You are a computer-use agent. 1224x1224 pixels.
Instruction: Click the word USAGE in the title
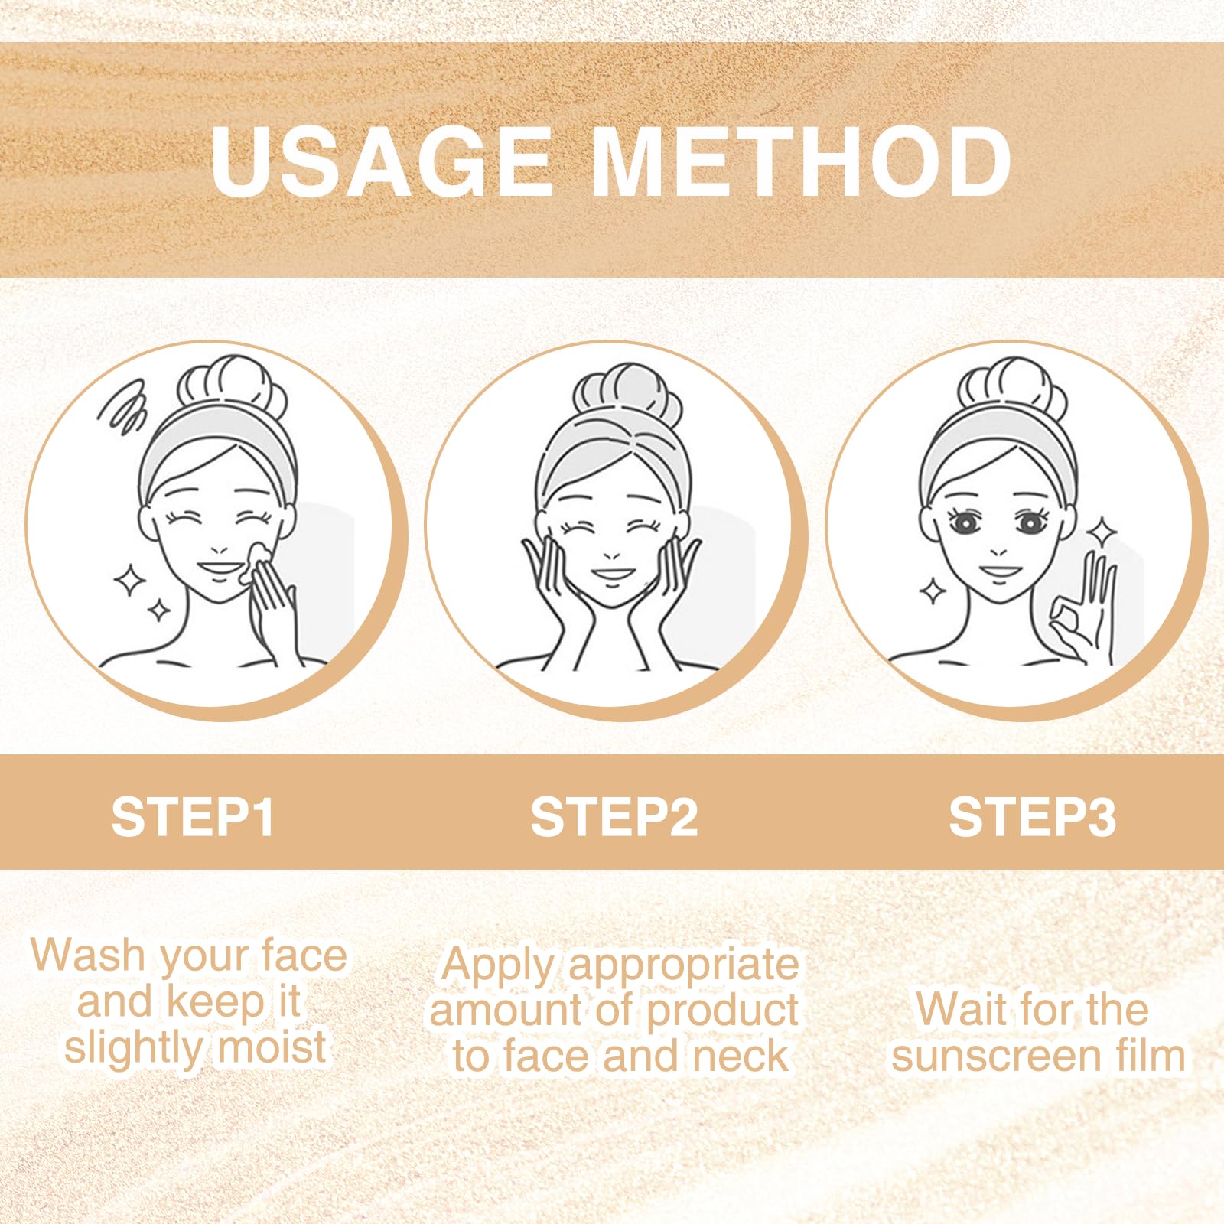(381, 161)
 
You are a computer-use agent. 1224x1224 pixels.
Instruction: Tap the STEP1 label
(193, 817)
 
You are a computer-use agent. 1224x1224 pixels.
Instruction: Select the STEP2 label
(614, 817)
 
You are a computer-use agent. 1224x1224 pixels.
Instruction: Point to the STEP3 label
(1032, 817)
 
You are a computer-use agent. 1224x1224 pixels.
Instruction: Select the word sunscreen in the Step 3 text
(997, 1056)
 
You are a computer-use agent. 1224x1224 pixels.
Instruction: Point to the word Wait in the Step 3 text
(960, 1010)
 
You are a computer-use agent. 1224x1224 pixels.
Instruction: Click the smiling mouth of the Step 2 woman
(611, 575)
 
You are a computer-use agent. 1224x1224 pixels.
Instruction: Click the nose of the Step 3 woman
(998, 551)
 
